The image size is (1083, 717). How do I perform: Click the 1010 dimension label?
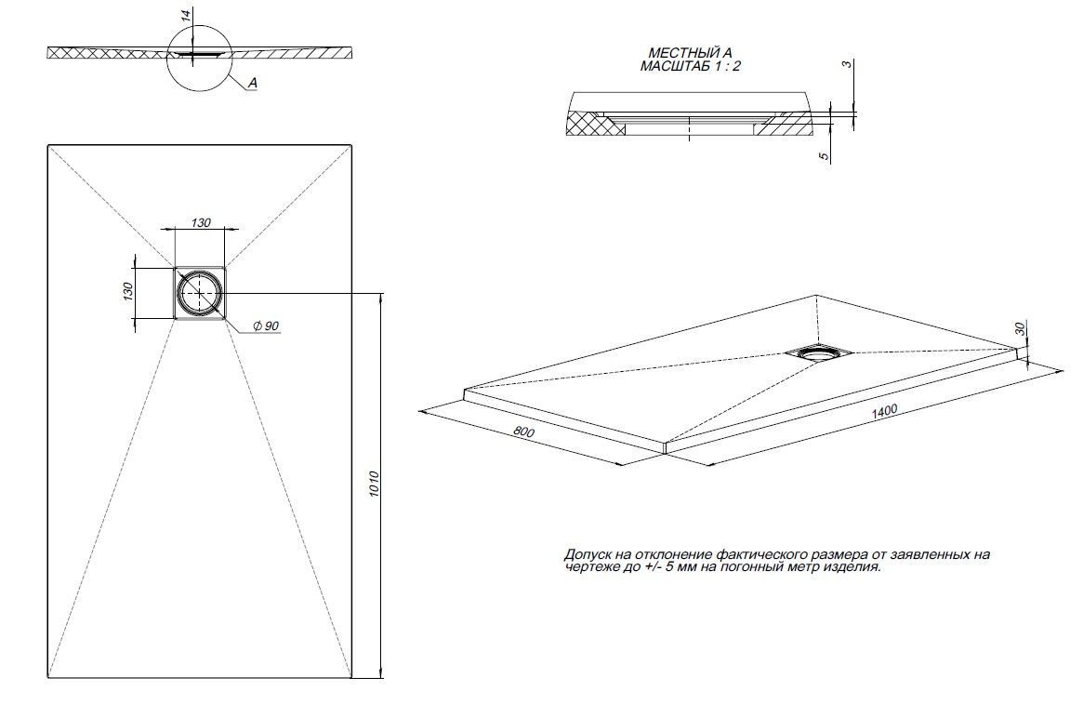tap(374, 484)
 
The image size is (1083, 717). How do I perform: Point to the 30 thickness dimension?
tap(1020, 328)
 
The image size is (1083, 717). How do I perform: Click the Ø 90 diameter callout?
tap(266, 326)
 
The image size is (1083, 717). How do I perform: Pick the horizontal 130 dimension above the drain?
tap(201, 222)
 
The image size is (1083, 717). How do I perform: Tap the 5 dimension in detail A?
tap(824, 156)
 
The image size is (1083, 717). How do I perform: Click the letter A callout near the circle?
tap(253, 84)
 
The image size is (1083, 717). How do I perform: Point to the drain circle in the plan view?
tap(200, 293)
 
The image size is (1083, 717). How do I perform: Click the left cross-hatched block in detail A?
tap(593, 123)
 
